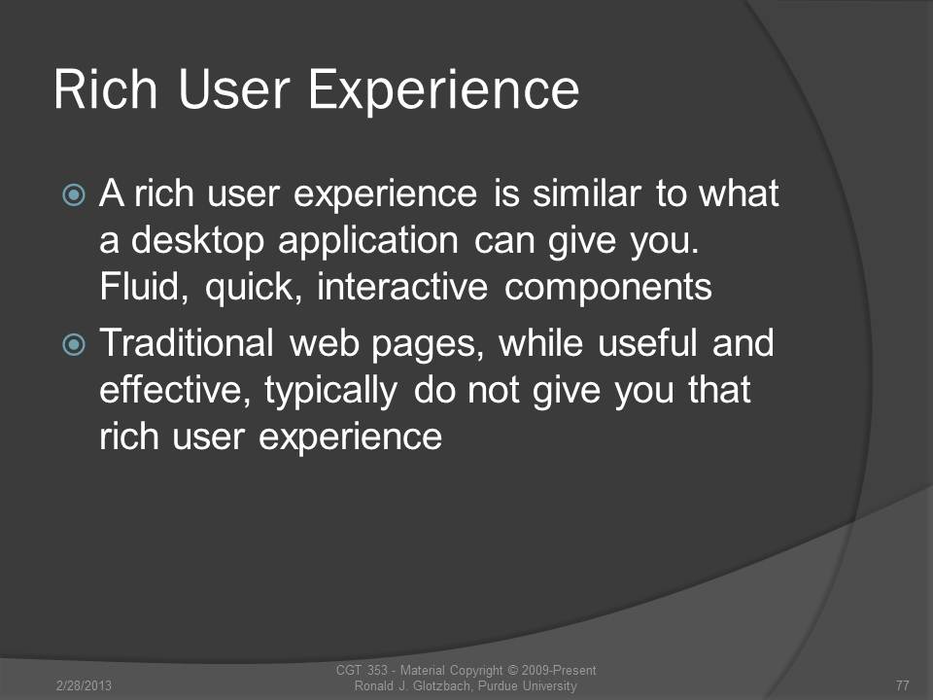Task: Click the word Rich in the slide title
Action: [105, 89]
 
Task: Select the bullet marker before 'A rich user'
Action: [74, 194]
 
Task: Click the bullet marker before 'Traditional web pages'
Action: [74, 344]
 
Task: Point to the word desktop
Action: [197, 242]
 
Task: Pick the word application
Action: [367, 242]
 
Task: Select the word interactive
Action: [402, 287]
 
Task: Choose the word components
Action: [607, 289]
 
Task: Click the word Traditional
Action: [187, 343]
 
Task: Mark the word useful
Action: [647, 343]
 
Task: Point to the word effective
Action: [174, 391]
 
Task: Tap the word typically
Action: [330, 392]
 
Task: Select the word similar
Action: [586, 194]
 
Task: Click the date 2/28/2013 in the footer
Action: [84, 685]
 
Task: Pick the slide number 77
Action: [902, 685]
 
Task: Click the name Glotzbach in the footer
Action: [440, 685]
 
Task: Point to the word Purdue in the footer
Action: [498, 685]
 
